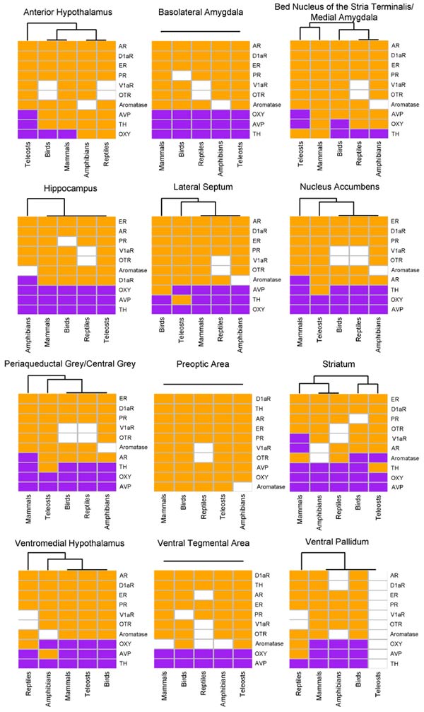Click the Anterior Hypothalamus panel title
65,12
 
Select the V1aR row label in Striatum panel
399,438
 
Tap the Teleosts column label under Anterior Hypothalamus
28,156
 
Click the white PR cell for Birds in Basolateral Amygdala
182,75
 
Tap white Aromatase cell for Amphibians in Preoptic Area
242,487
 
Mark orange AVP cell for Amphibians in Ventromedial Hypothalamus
47,654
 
